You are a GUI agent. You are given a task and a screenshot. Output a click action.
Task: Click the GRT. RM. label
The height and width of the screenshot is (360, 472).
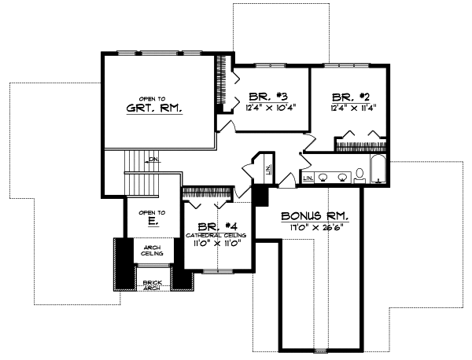(155, 109)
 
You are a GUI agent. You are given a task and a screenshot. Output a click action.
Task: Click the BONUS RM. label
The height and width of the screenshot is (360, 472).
(314, 215)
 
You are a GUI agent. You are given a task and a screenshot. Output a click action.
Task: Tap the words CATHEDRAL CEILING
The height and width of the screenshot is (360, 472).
(216, 235)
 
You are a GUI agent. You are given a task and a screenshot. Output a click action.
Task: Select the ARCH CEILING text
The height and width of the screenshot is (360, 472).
(152, 251)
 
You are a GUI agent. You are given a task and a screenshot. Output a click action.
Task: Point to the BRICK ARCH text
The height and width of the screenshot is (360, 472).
(152, 284)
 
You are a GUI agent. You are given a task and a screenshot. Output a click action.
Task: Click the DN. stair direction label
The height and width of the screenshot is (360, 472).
(155, 160)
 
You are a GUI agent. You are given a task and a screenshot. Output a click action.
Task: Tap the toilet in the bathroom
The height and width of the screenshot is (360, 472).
(360, 175)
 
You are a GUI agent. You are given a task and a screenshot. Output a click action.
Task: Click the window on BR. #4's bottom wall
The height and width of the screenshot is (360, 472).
(216, 271)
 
